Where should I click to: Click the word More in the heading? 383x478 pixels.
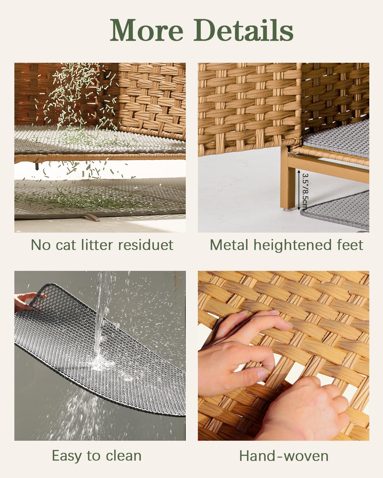click(147, 30)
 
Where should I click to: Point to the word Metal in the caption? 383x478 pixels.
click(229, 245)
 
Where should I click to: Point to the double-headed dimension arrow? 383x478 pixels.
click(299, 190)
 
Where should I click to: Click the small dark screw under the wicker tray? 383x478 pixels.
click(37, 166)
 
